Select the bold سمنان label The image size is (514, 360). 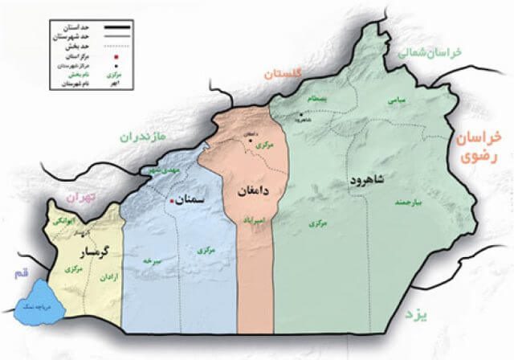coord(190,198)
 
